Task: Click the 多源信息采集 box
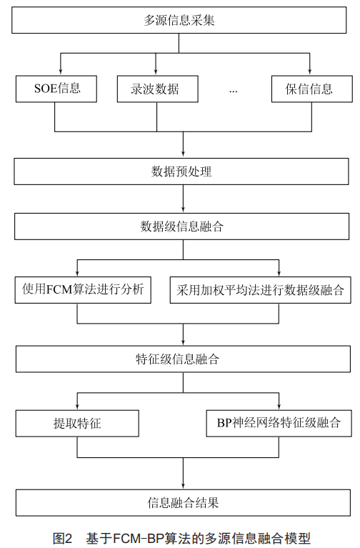pyautogui.click(x=179, y=20)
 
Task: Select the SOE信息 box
pyautogui.click(x=56, y=89)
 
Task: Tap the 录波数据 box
pyautogui.click(x=158, y=89)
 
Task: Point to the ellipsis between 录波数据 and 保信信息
pyautogui.click(x=233, y=91)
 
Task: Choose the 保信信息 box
pyautogui.click(x=311, y=89)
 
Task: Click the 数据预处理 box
pyautogui.click(x=181, y=171)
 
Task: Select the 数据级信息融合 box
pyautogui.click(x=181, y=226)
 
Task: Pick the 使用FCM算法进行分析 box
pyautogui.click(x=83, y=290)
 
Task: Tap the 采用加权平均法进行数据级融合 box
pyautogui.click(x=261, y=290)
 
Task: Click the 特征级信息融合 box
pyautogui.click(x=183, y=359)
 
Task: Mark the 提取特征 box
pyautogui.click(x=77, y=423)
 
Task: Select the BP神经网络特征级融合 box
pyautogui.click(x=279, y=423)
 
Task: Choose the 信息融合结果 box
pyautogui.click(x=183, y=502)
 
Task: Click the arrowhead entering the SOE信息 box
pyautogui.click(x=61, y=71)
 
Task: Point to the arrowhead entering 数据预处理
pyautogui.click(x=183, y=154)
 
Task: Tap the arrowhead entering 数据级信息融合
pyautogui.click(x=183, y=209)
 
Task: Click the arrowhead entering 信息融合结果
pyautogui.click(x=183, y=485)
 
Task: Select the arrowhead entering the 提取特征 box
pyautogui.click(x=77, y=407)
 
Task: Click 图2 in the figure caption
pyautogui.click(x=62, y=538)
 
